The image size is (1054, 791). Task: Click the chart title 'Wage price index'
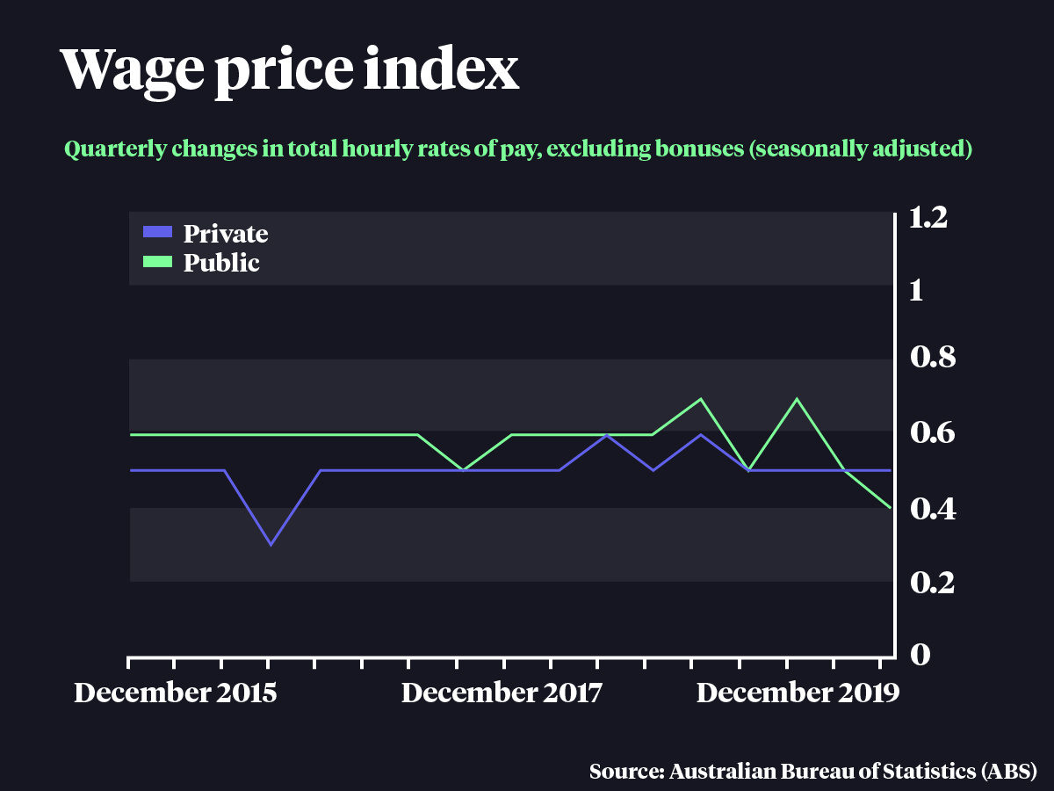tap(290, 70)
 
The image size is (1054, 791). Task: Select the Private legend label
tap(226, 234)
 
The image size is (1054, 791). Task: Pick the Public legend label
tap(221, 263)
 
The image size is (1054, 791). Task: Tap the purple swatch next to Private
tap(157, 233)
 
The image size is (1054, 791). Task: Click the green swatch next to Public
tap(157, 262)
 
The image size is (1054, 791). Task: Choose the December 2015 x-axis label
tap(176, 693)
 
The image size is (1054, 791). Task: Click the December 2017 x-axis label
tap(502, 693)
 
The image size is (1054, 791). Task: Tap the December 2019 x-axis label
tap(798, 693)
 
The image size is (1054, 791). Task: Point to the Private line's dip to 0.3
tap(271, 544)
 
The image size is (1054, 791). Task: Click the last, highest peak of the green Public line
tap(797, 399)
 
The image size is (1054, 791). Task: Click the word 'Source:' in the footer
tap(625, 773)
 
